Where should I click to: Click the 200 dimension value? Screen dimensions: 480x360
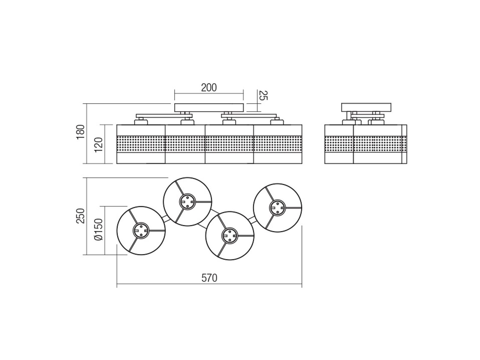click(208, 88)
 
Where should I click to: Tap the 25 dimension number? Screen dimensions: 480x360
click(263, 95)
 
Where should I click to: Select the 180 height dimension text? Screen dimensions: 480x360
click(80, 133)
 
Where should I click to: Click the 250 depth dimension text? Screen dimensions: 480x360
click(80, 216)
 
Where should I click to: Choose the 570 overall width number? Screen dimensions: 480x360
click(209, 278)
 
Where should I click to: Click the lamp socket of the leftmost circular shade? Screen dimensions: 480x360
click(141, 231)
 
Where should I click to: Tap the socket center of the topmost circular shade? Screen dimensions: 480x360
click(187, 202)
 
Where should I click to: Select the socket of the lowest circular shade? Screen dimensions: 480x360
click(229, 235)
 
